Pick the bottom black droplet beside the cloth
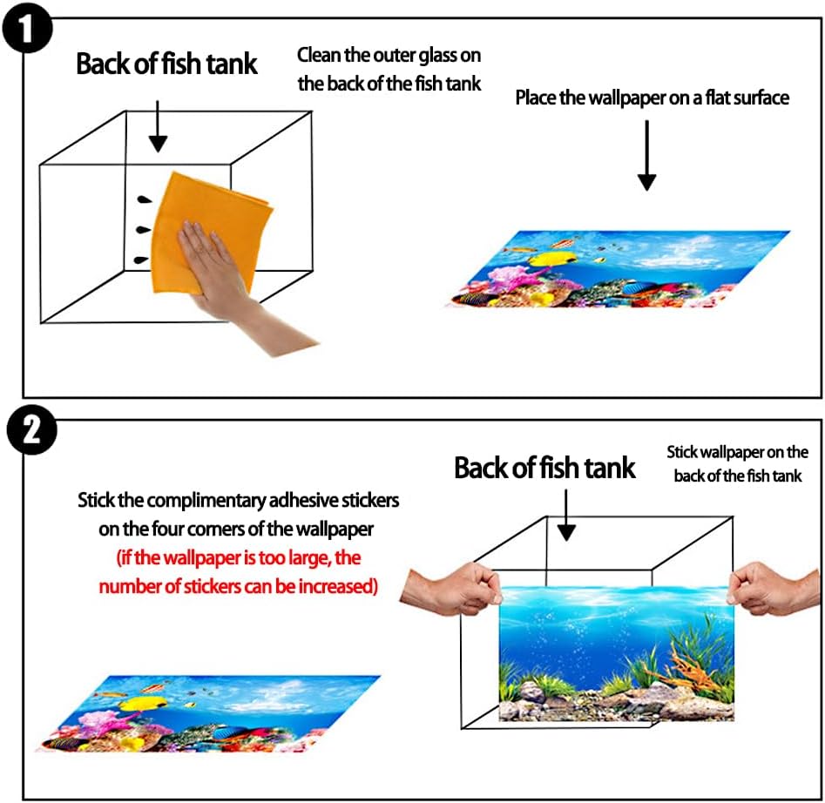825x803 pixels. pyautogui.click(x=139, y=260)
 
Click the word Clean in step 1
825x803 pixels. pyautogui.click(x=318, y=56)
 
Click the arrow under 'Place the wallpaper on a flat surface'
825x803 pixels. pyautogui.click(x=646, y=157)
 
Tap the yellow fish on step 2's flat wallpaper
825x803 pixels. pyautogui.click(x=139, y=703)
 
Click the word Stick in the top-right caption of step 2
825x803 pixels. pyautogui.click(x=682, y=453)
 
